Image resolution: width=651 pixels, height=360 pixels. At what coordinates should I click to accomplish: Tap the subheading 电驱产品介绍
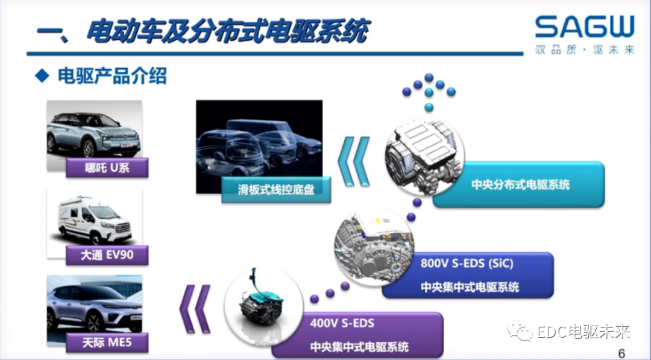pos(112,77)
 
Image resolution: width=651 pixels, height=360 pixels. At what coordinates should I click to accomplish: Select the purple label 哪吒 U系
pos(107,167)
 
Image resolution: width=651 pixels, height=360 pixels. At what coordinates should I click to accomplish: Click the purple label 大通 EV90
pos(107,255)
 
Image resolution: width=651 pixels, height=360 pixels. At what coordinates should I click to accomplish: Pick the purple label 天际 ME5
pos(107,344)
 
